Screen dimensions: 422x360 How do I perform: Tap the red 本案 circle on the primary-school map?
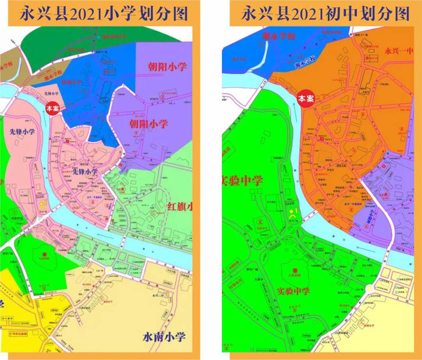(52, 108)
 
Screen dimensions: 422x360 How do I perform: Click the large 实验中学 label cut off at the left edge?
(243, 181)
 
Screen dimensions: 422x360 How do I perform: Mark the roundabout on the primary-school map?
(109, 270)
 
